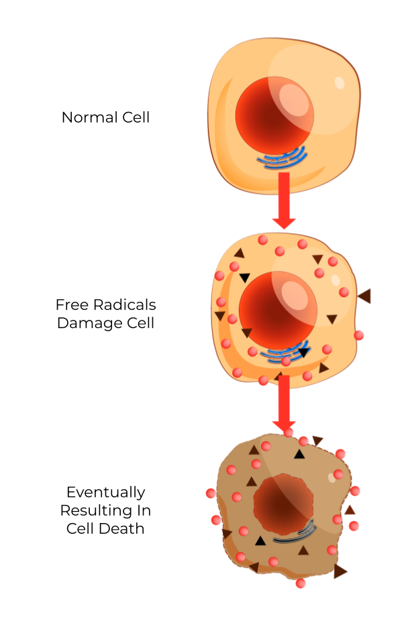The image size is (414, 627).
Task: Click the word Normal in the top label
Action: (x=86, y=117)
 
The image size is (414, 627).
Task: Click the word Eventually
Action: (x=105, y=493)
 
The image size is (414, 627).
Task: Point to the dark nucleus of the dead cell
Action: (x=281, y=504)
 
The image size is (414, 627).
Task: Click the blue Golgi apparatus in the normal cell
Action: (x=284, y=160)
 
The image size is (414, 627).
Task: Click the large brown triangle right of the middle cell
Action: (x=364, y=295)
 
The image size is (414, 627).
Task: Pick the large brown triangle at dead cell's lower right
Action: (x=340, y=571)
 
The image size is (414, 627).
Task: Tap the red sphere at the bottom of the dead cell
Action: (x=301, y=583)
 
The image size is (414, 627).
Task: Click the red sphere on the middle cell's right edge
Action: (x=358, y=335)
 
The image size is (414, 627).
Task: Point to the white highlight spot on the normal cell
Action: (x=340, y=83)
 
